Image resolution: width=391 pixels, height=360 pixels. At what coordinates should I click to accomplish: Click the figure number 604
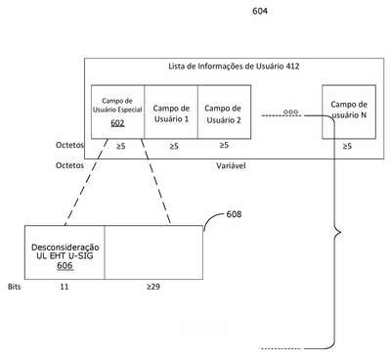(260, 11)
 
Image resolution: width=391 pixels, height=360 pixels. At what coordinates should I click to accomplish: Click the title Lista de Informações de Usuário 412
(234, 67)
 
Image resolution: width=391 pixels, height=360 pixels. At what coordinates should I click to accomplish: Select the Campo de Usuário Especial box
(117, 112)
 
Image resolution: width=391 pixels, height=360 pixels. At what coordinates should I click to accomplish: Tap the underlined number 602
(117, 123)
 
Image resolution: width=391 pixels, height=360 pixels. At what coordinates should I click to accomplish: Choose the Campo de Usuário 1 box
(171, 112)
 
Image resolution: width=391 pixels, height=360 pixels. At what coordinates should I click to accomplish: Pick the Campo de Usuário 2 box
(224, 112)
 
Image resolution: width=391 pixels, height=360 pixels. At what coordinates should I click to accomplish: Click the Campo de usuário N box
(349, 112)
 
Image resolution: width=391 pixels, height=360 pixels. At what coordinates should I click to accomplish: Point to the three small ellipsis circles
(290, 112)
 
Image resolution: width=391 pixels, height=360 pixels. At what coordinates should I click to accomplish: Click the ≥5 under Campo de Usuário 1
(174, 146)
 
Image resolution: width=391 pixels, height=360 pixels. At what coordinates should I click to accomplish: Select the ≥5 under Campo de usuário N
(347, 146)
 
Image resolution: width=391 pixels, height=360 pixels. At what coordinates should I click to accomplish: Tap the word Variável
(231, 165)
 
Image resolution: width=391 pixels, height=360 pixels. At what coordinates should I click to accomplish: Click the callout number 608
(234, 214)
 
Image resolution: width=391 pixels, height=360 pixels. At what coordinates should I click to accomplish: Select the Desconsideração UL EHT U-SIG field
(65, 252)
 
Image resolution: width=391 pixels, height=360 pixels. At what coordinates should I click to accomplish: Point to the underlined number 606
(65, 266)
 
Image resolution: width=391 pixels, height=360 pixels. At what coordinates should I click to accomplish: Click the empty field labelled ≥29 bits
(153, 252)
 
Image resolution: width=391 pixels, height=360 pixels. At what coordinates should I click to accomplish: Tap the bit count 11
(65, 287)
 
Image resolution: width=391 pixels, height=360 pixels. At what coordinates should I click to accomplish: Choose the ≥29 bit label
(153, 287)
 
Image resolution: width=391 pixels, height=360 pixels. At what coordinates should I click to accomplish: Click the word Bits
(14, 287)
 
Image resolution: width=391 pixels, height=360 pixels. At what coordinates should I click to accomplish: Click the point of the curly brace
(341, 233)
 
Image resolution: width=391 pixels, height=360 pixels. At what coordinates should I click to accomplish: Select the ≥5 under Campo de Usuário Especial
(121, 146)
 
